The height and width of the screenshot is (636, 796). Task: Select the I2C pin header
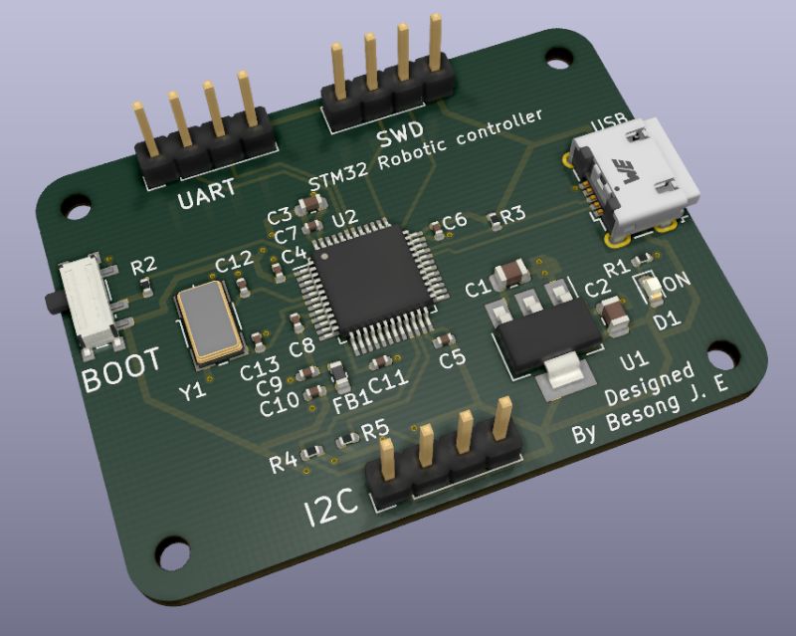tap(446, 466)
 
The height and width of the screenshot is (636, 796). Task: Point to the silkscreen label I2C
tap(331, 510)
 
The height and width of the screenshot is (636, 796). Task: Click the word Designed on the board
tap(650, 387)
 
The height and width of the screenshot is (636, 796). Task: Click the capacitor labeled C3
tap(311, 205)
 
